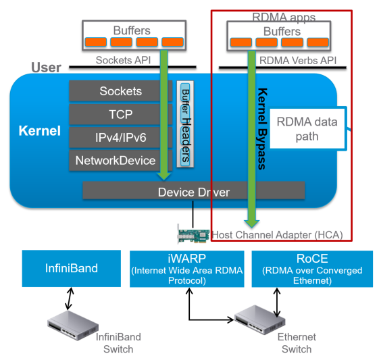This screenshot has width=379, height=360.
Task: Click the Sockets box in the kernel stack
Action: pyautogui.click(x=120, y=91)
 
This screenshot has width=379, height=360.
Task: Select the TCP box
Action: pyautogui.click(x=120, y=114)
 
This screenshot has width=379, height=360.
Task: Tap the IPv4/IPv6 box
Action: pyautogui.click(x=120, y=137)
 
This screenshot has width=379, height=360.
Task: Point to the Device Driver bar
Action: pyautogui.click(x=193, y=192)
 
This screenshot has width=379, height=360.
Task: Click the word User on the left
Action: pyautogui.click(x=46, y=68)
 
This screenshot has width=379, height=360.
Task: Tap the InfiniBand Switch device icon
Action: pyautogui.click(x=70, y=323)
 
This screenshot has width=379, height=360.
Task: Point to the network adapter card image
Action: pyautogui.click(x=195, y=235)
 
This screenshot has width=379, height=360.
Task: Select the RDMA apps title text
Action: pyautogui.click(x=283, y=17)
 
